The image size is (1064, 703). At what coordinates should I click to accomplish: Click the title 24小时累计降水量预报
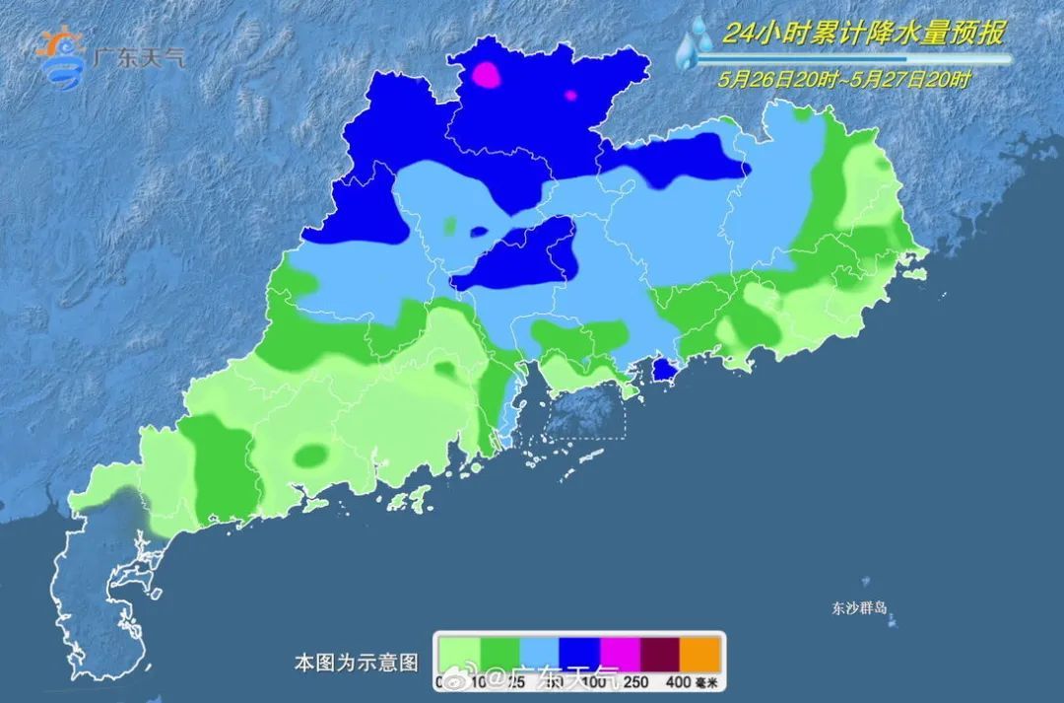pos(863,35)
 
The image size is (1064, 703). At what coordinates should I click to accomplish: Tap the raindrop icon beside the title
pos(697,44)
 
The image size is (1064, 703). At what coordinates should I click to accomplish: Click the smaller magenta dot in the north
pos(569,96)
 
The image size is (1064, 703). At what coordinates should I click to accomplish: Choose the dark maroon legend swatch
pos(660,652)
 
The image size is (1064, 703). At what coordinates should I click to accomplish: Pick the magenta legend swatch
pos(620,652)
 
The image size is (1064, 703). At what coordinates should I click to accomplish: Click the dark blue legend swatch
pos(579,652)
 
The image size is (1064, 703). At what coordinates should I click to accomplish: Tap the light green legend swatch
pos(459,652)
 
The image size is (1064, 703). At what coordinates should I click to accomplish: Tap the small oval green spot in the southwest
pos(312,455)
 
